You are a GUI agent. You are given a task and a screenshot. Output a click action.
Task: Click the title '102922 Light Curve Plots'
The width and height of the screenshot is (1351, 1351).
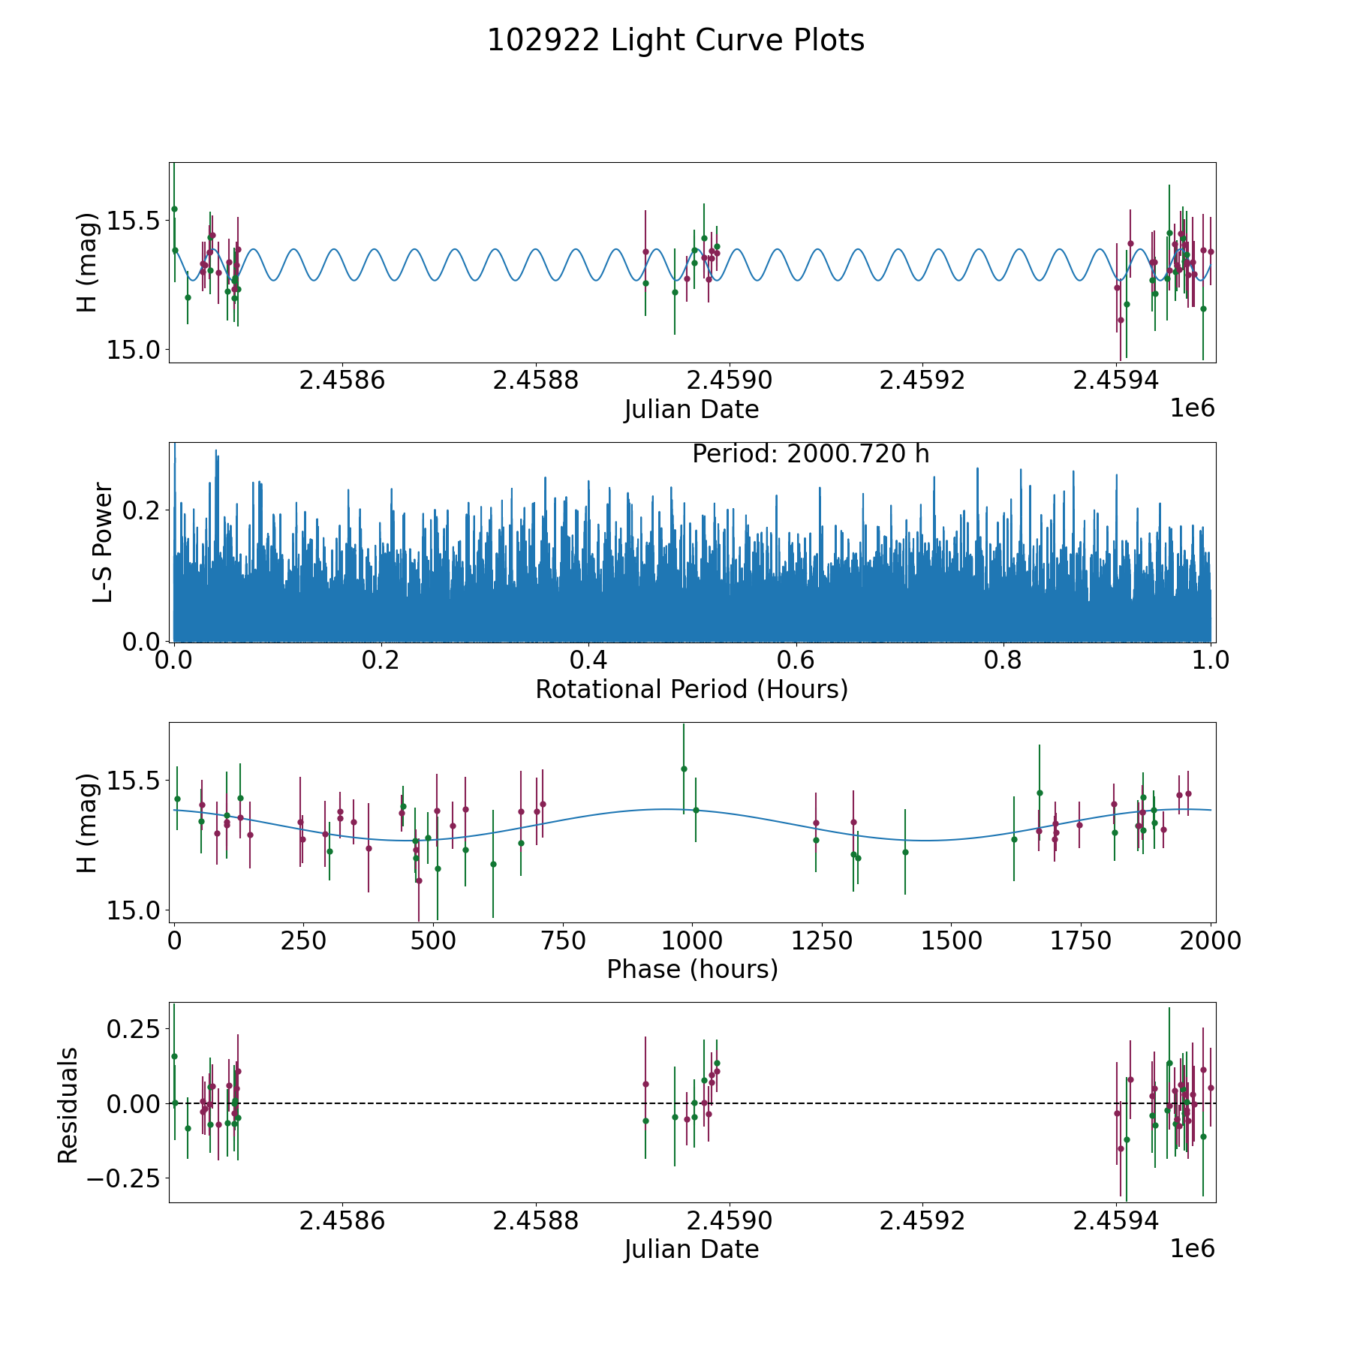pyautogui.click(x=675, y=41)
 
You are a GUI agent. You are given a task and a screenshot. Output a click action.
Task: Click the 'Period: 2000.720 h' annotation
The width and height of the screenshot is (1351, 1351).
pyautogui.click(x=811, y=454)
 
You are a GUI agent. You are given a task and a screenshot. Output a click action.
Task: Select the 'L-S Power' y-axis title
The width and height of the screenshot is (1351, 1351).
pyautogui.click(x=103, y=542)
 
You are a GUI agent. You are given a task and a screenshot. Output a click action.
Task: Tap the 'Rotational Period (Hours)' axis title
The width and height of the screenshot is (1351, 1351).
pyautogui.click(x=691, y=689)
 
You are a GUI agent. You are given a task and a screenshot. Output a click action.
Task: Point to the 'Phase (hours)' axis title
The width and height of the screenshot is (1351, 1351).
pyautogui.click(x=692, y=969)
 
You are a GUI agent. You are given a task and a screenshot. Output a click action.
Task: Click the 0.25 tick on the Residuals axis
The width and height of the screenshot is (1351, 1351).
pyautogui.click(x=130, y=1028)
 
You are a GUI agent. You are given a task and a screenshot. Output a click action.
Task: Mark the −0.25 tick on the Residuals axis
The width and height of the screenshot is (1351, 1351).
pyautogui.click(x=120, y=1179)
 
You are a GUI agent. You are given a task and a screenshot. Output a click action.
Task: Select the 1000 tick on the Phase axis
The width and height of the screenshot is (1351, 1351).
pyautogui.click(x=691, y=940)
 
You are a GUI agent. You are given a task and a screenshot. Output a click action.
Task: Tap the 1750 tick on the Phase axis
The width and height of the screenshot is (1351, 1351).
pyautogui.click(x=1080, y=940)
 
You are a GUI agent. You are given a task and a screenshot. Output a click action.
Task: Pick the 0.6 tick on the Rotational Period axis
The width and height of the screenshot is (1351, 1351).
pyautogui.click(x=796, y=660)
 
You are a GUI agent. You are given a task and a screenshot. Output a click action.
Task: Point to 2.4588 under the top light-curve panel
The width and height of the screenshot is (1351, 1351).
pyautogui.click(x=535, y=381)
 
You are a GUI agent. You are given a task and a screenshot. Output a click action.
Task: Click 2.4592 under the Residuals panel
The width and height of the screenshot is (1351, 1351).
pyautogui.click(x=922, y=1221)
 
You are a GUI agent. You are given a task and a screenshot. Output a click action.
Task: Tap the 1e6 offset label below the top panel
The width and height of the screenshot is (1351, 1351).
pyautogui.click(x=1192, y=408)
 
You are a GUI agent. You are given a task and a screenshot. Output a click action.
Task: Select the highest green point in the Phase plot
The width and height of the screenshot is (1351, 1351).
pyautogui.click(x=684, y=769)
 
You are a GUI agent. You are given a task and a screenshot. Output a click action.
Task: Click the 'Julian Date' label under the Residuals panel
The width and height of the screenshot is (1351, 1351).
pyautogui.click(x=691, y=1250)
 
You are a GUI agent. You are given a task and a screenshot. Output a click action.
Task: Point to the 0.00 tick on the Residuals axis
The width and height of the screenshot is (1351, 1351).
pyautogui.click(x=130, y=1103)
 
